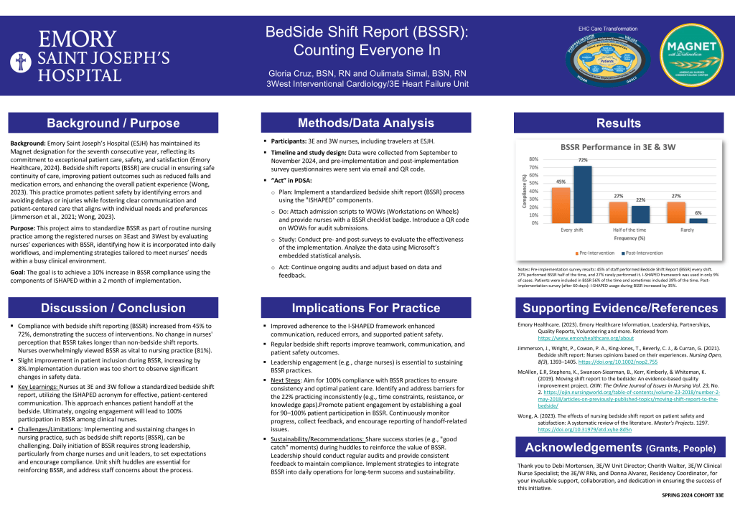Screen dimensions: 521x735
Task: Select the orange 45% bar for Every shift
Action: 561,205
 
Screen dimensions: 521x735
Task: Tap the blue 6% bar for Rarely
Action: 699,220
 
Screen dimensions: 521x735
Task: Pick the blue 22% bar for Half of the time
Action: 640,214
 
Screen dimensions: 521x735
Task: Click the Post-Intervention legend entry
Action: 647,253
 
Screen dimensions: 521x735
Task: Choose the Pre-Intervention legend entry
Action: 595,253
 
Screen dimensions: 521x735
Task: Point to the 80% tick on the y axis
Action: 533,159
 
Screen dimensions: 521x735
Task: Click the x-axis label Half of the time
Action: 629,230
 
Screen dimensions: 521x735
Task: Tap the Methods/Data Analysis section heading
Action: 366,123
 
